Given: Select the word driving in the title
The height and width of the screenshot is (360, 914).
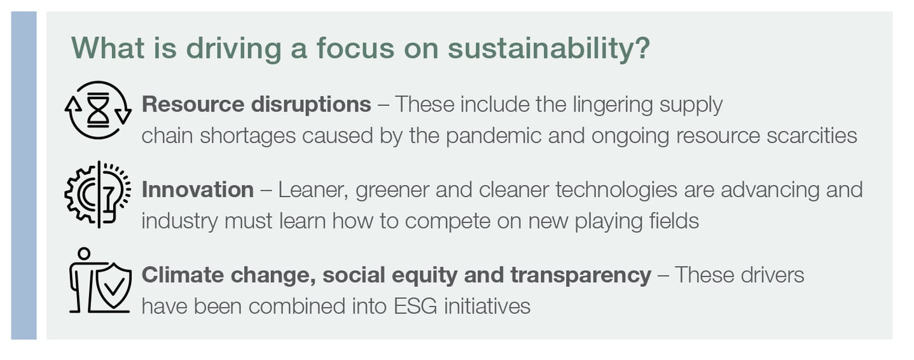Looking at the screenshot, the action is pyautogui.click(x=233, y=49).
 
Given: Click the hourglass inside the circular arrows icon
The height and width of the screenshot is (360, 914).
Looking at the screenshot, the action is pyautogui.click(x=99, y=110).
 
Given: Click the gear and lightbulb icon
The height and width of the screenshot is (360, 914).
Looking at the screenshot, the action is pyautogui.click(x=98, y=194).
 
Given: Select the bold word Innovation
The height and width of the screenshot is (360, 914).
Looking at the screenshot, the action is pyautogui.click(x=197, y=190).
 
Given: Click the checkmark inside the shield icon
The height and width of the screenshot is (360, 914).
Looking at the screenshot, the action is pyautogui.click(x=114, y=286).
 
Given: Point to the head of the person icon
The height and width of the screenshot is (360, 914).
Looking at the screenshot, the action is pyautogui.click(x=84, y=253).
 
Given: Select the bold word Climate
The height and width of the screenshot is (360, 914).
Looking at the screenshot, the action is pyautogui.click(x=183, y=275).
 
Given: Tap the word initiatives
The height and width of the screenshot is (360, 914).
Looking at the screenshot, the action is pyautogui.click(x=487, y=307).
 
